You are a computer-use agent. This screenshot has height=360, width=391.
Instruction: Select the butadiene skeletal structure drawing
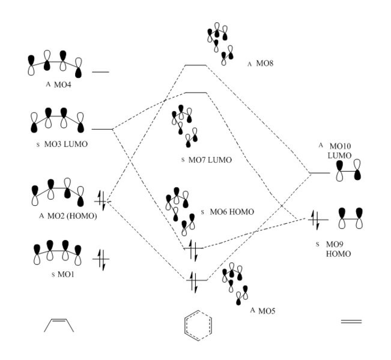(59, 324)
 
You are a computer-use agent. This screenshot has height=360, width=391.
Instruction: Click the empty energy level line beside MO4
(100, 72)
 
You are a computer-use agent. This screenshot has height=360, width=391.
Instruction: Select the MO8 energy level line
(195, 65)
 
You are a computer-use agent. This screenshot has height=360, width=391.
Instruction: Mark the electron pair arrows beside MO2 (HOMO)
(102, 200)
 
